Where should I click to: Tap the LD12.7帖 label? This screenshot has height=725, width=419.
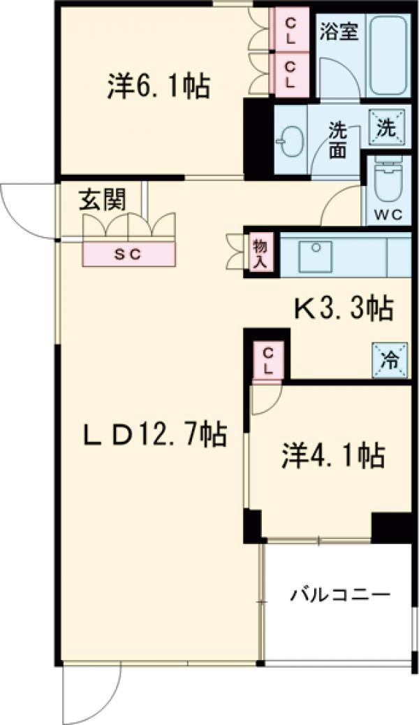click(x=155, y=436)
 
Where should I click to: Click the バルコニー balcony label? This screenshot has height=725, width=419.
click(x=340, y=596)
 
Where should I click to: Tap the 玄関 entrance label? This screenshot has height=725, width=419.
click(x=102, y=201)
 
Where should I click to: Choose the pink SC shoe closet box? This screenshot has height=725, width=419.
click(x=129, y=254)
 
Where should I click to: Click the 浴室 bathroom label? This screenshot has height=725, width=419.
click(x=339, y=31)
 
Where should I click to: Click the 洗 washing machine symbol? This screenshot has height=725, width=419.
click(x=385, y=128)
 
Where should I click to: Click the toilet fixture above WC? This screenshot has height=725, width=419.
click(x=388, y=180)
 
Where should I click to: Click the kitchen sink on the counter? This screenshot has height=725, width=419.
click(x=318, y=256)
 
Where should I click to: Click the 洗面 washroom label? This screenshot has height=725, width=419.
click(x=338, y=140)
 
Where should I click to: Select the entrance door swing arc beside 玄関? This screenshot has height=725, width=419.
click(x=24, y=210)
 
